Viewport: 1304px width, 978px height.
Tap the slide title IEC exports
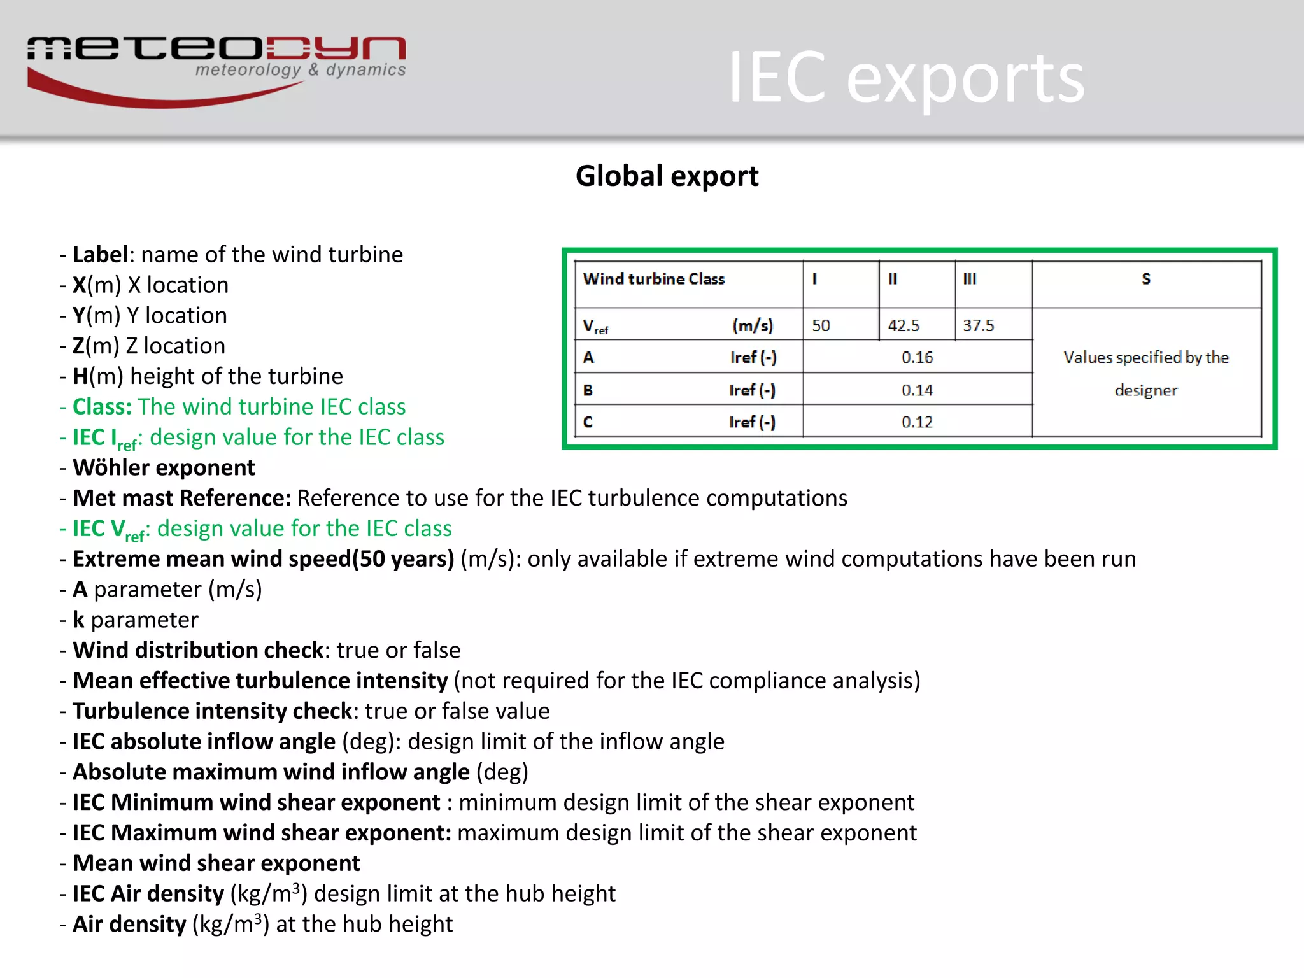tap(905, 78)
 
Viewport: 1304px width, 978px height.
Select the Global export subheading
tap(667, 176)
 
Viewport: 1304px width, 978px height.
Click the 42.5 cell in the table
tap(904, 325)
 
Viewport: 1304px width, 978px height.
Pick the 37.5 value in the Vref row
tap(978, 325)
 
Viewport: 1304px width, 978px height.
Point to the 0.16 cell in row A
tap(917, 357)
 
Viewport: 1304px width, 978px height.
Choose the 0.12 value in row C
tap(917, 422)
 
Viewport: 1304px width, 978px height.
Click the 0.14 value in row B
tap(917, 390)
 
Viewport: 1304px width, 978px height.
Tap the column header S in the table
tap(1146, 279)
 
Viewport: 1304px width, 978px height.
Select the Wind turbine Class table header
tap(654, 279)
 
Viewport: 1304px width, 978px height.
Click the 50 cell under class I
tap(821, 325)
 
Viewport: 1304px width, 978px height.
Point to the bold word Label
tap(101, 255)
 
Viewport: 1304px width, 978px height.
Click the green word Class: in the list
tap(102, 407)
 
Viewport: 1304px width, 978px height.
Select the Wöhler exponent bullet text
tap(164, 468)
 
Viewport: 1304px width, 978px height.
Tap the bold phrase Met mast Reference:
tap(182, 499)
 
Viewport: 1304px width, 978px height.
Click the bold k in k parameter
tap(78, 620)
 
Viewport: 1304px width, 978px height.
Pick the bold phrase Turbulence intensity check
tap(213, 711)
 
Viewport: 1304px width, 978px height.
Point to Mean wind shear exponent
tap(216, 863)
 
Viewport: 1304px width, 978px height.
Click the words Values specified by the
tap(1145, 357)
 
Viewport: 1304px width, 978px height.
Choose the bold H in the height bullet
tap(80, 376)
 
